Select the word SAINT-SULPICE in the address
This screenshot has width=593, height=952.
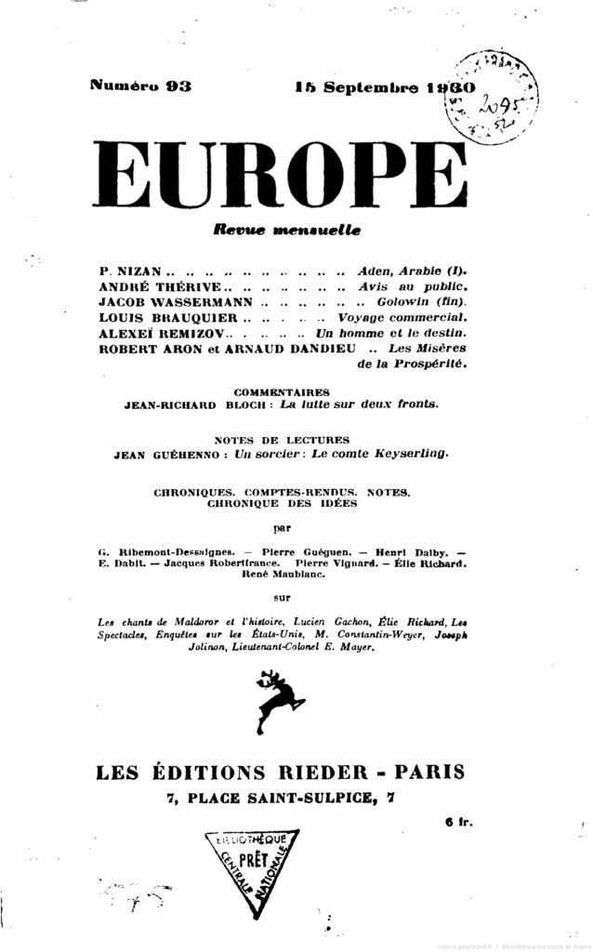[x=310, y=798]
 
